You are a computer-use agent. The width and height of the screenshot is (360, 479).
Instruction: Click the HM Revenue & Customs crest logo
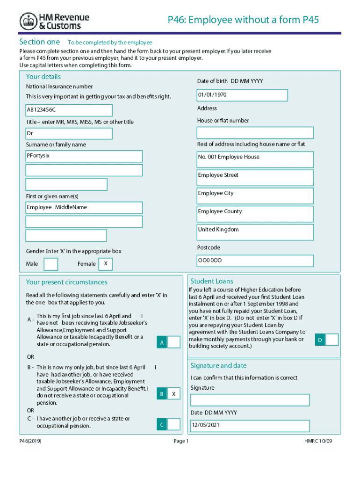tap(29, 21)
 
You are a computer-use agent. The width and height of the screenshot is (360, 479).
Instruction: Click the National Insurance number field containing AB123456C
tap(69, 110)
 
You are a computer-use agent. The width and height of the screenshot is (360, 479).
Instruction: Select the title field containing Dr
tap(69, 134)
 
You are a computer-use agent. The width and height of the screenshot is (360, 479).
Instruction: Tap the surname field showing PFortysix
tap(84, 156)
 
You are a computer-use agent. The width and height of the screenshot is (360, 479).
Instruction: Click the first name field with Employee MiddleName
tap(84, 208)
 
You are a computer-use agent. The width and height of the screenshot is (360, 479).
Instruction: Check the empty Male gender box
tap(50, 264)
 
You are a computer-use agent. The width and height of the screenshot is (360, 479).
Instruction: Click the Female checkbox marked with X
tap(106, 264)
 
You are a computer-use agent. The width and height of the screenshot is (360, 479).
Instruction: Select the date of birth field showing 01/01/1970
tap(242, 95)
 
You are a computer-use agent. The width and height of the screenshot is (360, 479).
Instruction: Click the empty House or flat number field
tap(255, 133)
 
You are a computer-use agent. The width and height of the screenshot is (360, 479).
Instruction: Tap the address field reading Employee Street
tap(255, 178)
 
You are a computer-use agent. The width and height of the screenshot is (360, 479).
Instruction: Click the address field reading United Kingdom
tap(255, 232)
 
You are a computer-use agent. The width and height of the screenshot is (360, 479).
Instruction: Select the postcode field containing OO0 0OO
tap(255, 261)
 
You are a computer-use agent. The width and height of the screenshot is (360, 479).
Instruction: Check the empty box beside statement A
tap(173, 342)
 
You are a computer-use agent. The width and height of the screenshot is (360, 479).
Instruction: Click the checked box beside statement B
tap(173, 394)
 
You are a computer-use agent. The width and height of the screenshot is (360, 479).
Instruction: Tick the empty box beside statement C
tap(173, 424)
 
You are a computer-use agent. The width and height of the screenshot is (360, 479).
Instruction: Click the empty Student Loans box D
tap(332, 340)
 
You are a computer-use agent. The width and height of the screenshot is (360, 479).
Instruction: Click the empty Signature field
tap(250, 400)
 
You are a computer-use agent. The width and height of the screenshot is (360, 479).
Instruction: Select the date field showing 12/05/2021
tap(250, 426)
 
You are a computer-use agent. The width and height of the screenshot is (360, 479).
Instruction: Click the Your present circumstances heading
tap(67, 282)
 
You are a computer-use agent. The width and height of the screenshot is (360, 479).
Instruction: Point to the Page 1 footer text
tap(180, 441)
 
